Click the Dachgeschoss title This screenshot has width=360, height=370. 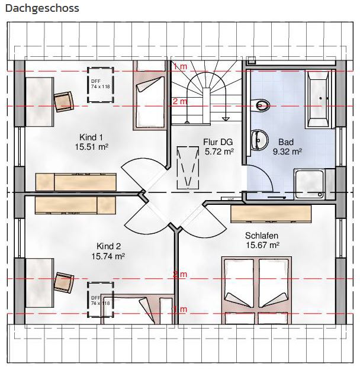point(42,8)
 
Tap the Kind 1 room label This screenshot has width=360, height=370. point(91,137)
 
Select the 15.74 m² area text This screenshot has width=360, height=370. point(108,256)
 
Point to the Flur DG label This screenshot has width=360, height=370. point(218,142)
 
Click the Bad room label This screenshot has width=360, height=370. point(286,142)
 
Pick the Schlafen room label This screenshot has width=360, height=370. point(262,236)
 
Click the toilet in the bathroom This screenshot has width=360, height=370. point(260,105)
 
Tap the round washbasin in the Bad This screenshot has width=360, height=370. point(260,140)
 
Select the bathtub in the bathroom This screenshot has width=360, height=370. point(317,99)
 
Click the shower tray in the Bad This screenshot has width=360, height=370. point(309,184)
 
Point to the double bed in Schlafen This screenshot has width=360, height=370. point(256,290)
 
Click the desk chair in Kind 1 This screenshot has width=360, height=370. point(64,101)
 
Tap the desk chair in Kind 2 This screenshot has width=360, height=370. point(64,283)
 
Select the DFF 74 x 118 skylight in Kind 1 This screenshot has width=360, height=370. point(101,85)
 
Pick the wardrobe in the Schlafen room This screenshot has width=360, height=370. point(271,214)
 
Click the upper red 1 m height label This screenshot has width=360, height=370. point(181,66)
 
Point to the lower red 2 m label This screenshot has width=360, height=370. point(180,274)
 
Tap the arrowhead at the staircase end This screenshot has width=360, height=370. point(226,118)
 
